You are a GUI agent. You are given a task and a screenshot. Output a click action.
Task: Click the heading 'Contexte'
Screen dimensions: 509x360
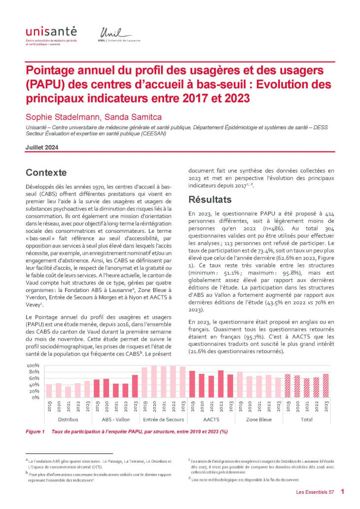click(47, 173)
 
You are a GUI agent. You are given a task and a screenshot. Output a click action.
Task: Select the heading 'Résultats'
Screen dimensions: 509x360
click(210, 200)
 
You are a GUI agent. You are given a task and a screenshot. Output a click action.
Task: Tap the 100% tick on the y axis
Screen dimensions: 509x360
click(33, 365)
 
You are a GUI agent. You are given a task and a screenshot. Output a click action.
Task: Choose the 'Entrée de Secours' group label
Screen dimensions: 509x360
click(163, 419)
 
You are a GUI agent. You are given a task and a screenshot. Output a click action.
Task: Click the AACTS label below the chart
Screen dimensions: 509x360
click(211, 419)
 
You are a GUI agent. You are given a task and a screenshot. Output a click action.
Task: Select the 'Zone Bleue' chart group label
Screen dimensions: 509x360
click(258, 419)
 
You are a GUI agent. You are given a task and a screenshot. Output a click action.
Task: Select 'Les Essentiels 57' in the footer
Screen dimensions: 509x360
click(315, 492)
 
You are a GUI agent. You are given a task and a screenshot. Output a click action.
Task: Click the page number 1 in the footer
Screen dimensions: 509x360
click(342, 492)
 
